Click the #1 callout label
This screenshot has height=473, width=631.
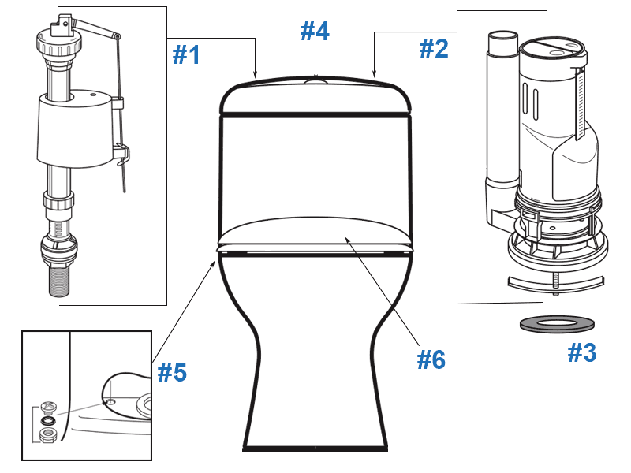[x=186, y=54]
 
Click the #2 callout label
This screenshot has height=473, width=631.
[x=433, y=49]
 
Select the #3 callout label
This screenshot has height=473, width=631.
[x=583, y=353]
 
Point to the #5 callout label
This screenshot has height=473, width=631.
[x=171, y=372]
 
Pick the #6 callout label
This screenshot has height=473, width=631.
[x=431, y=359]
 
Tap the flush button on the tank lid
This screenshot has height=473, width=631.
[x=315, y=80]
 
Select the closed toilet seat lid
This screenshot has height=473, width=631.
[x=315, y=233]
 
